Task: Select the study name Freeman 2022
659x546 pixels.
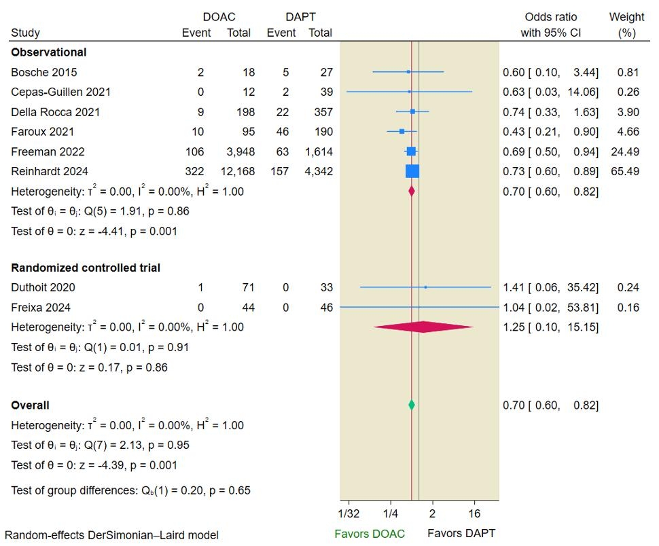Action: click(48, 151)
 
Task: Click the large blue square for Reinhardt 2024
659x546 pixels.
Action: click(412, 171)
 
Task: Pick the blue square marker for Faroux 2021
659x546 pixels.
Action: click(402, 131)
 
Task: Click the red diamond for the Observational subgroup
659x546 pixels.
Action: click(411, 192)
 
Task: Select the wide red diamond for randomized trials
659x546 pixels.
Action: click(423, 327)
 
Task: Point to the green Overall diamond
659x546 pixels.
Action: click(411, 405)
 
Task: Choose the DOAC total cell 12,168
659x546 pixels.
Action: click(235, 171)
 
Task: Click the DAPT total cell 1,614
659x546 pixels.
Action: click(319, 151)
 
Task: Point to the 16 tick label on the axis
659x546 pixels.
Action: click(474, 513)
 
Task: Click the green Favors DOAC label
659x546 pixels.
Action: click(370, 533)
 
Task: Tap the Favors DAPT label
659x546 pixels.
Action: click(461, 533)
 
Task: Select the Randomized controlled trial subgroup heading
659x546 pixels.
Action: click(86, 268)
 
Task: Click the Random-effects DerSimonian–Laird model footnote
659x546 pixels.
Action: click(111, 535)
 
